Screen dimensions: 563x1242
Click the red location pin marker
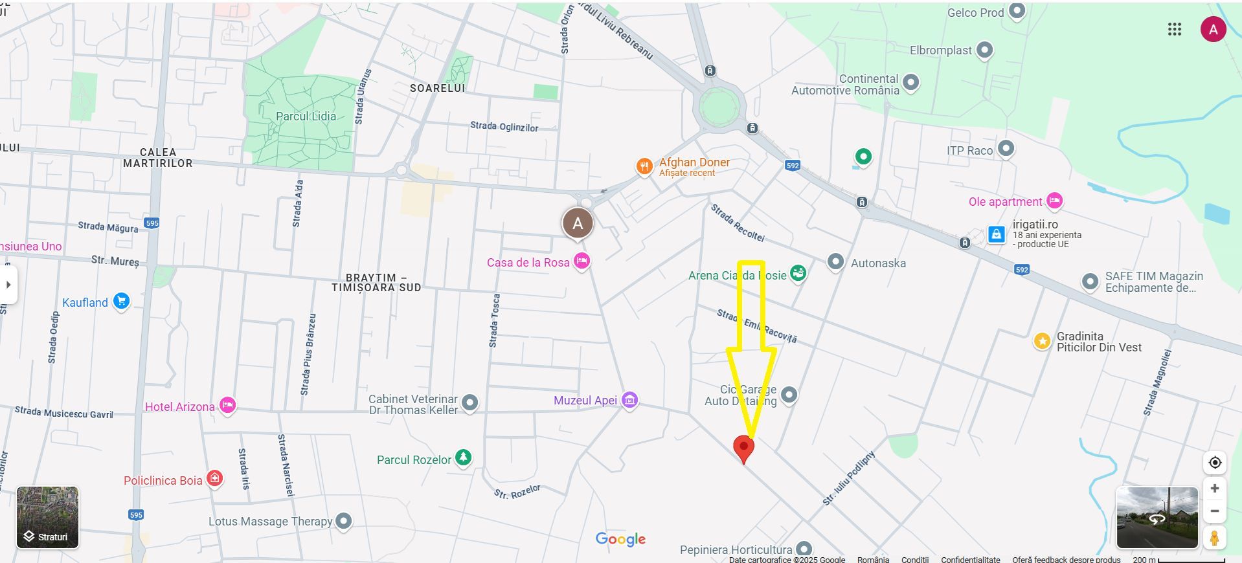tap(743, 447)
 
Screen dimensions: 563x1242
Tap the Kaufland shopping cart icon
tap(121, 301)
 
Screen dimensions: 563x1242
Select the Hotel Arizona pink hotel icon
tap(227, 406)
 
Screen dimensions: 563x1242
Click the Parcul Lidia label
tap(306, 116)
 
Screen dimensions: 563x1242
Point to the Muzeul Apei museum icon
tap(629, 400)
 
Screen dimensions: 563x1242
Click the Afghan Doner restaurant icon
tap(644, 166)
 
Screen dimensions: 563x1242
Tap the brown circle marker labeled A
tap(578, 224)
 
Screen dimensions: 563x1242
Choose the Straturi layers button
tap(47, 518)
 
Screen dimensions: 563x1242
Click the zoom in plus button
tap(1215, 489)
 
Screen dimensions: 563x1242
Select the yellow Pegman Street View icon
tap(1215, 537)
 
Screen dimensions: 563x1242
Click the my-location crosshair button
tap(1215, 463)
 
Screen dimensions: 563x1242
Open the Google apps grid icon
tap(1175, 29)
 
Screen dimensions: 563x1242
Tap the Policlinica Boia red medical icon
tap(214, 479)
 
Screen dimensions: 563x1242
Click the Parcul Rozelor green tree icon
tap(463, 458)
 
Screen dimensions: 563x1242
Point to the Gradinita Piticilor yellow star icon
tap(1042, 340)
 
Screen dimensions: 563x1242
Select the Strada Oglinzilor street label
tap(504, 126)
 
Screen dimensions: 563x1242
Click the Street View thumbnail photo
tap(1157, 518)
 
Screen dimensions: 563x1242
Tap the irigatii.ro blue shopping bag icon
tap(997, 234)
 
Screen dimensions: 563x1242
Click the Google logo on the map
tap(620, 539)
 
